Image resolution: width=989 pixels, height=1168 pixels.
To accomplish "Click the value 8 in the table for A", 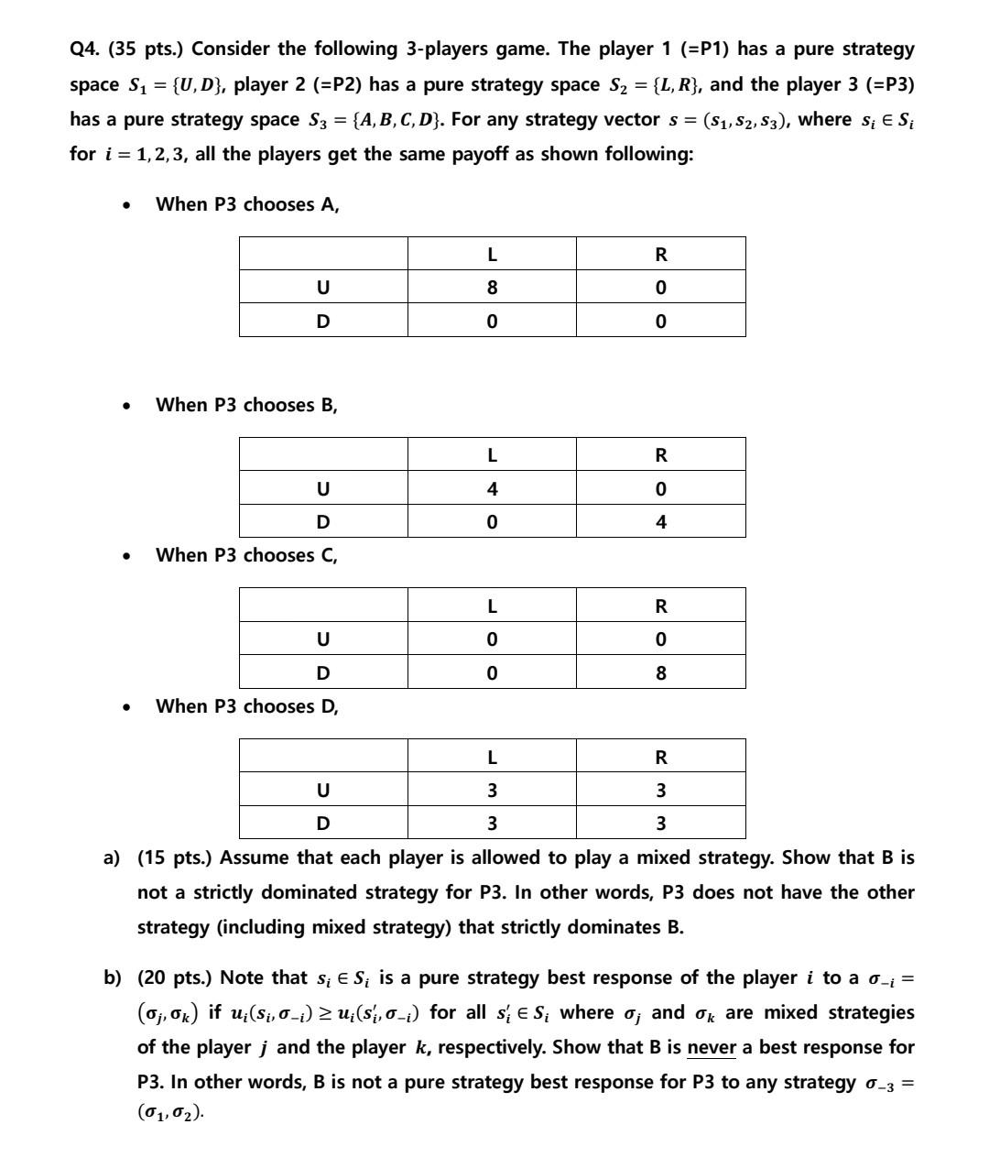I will [x=492, y=288].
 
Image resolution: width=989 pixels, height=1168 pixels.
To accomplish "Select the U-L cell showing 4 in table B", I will [x=492, y=489].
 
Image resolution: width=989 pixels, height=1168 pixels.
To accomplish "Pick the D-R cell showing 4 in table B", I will [x=661, y=522].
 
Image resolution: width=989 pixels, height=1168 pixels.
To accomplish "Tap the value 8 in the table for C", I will [x=661, y=673].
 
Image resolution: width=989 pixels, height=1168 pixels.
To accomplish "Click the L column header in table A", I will [x=492, y=254].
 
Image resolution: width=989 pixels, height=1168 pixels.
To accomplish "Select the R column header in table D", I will [x=661, y=757].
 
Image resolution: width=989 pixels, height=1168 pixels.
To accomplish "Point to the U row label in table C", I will [x=322, y=639].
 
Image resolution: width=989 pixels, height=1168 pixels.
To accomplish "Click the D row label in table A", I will [x=322, y=322].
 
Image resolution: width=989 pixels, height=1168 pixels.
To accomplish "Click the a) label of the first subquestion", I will [x=112, y=858].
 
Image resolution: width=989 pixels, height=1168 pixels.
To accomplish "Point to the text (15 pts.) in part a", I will [x=175, y=858].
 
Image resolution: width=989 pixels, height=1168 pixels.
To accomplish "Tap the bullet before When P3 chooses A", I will [x=126, y=205].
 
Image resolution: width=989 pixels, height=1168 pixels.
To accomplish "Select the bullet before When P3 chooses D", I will [x=126, y=707].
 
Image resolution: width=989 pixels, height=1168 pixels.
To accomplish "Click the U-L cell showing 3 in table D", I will [x=492, y=790].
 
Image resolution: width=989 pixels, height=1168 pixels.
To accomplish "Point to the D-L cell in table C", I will [x=492, y=673].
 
